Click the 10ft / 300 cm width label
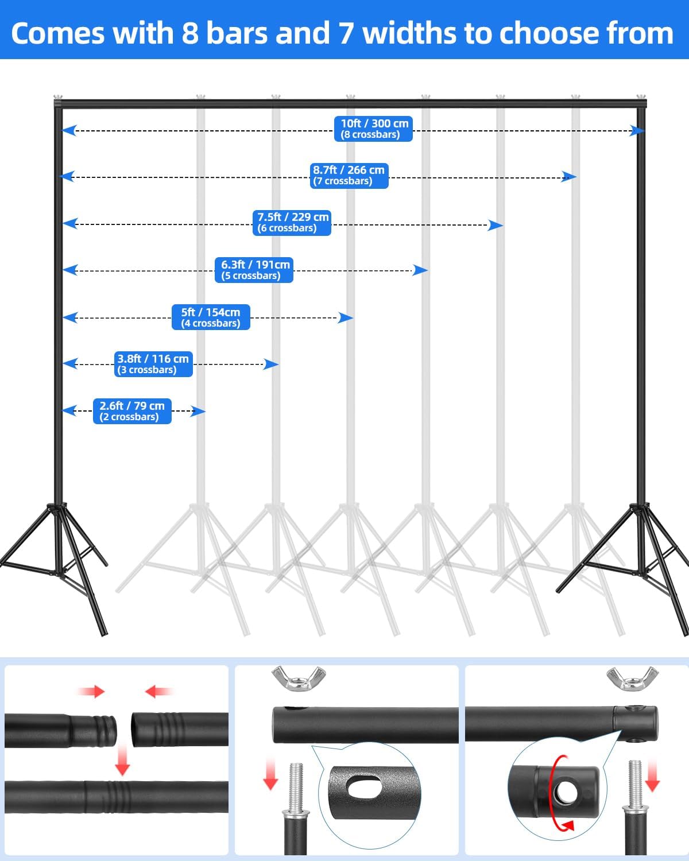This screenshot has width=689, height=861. (373, 129)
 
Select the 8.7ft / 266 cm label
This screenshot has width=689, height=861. (349, 175)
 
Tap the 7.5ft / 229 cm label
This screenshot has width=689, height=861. (292, 222)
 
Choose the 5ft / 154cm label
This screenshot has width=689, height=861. (211, 317)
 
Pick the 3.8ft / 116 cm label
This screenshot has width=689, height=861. (153, 364)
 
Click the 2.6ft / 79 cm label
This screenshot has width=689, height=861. (132, 411)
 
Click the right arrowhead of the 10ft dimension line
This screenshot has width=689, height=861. (637, 131)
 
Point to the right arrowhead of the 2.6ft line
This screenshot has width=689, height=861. (198, 411)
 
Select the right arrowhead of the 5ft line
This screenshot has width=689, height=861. (346, 317)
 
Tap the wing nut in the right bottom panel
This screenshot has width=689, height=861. (632, 678)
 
